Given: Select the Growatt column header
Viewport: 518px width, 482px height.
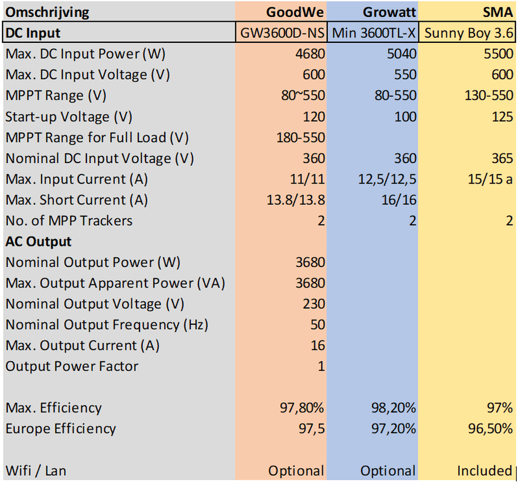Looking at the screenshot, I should (389, 12).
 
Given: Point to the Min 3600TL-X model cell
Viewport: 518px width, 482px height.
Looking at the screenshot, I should (373, 33).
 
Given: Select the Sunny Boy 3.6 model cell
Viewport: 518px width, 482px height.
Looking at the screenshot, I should (468, 33).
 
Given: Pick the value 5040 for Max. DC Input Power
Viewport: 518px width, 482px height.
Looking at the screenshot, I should (401, 54).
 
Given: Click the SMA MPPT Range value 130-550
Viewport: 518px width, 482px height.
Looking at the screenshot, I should (488, 95).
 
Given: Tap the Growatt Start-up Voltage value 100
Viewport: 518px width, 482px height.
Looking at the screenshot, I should (404, 117).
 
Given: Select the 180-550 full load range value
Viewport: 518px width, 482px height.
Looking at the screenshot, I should (300, 137).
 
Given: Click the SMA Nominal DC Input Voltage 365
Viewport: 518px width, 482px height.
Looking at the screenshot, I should (501, 158).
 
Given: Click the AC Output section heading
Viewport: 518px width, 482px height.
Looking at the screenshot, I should (39, 242).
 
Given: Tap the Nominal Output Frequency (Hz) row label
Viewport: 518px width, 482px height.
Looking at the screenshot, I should (107, 325).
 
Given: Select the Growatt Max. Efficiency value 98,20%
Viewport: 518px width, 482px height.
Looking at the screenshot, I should (393, 408).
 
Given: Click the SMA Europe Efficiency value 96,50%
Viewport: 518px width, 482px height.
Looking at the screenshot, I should (488, 429).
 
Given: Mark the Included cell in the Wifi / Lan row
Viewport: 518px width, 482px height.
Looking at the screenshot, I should (484, 471).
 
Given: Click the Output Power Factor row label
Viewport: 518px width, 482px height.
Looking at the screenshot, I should (72, 367).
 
